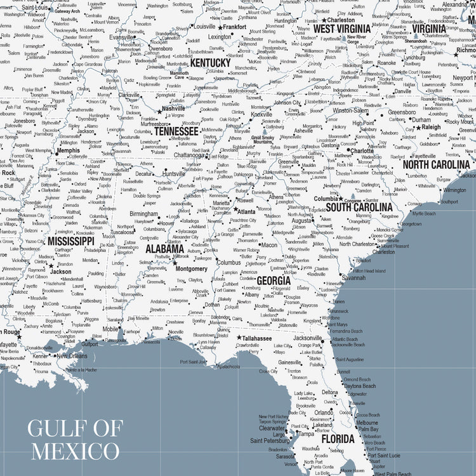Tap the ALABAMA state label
pos(165,249)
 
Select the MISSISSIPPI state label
pos(70,241)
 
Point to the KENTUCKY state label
pos(210,63)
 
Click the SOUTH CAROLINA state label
pos(359,207)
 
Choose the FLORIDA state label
pos(337,439)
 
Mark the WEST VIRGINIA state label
pos(341,29)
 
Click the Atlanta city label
pos(246,211)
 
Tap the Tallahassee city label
pos(257,338)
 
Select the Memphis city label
pos(69,150)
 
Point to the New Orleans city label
pos(72,356)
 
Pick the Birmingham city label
pos(144,214)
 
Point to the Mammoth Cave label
pos(179,76)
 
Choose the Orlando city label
pos(324,413)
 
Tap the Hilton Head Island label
pos(370,270)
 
